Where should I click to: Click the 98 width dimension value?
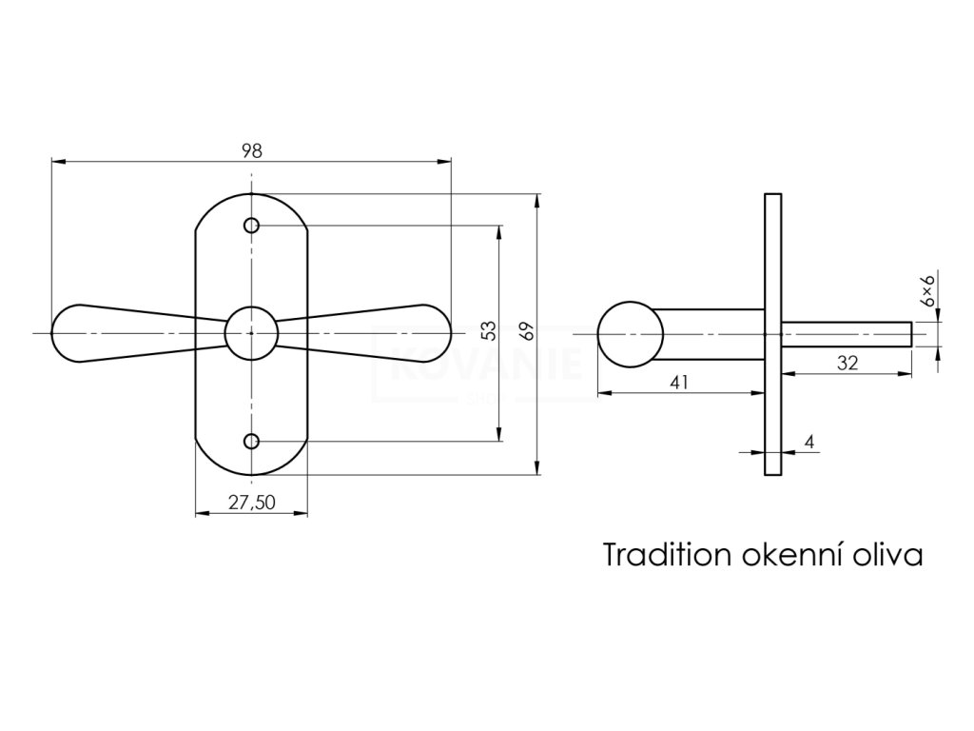[251, 150]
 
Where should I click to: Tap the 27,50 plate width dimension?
[252, 504]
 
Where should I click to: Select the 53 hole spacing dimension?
[488, 331]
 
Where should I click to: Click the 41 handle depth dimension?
[679, 383]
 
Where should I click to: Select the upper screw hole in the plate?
[252, 226]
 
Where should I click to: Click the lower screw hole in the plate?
[252, 441]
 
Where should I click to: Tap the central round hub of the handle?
[251, 333]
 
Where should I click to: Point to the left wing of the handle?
[114, 333]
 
